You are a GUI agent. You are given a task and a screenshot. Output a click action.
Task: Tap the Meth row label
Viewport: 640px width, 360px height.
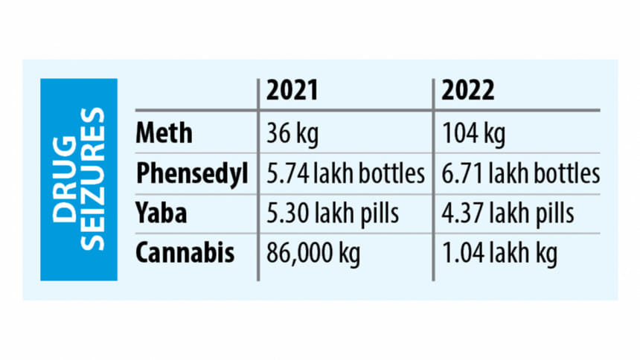click(x=164, y=133)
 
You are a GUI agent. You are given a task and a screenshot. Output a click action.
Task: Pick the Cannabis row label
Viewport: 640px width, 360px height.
click(x=186, y=254)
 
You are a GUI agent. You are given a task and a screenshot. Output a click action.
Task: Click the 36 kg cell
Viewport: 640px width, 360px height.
click(x=292, y=133)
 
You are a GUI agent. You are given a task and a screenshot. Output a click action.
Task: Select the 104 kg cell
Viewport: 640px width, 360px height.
click(x=473, y=133)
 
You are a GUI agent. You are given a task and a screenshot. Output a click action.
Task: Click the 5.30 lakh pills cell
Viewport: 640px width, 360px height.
click(x=333, y=213)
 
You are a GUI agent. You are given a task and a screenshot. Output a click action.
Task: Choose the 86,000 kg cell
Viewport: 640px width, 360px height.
click(x=313, y=254)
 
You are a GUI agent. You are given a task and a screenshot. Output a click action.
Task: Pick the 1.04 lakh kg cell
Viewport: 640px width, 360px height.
click(x=499, y=254)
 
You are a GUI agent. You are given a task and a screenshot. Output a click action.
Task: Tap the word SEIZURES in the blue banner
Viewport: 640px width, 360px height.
click(x=93, y=179)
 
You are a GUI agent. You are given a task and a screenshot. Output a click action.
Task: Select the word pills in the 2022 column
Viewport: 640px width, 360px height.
click(x=552, y=213)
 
